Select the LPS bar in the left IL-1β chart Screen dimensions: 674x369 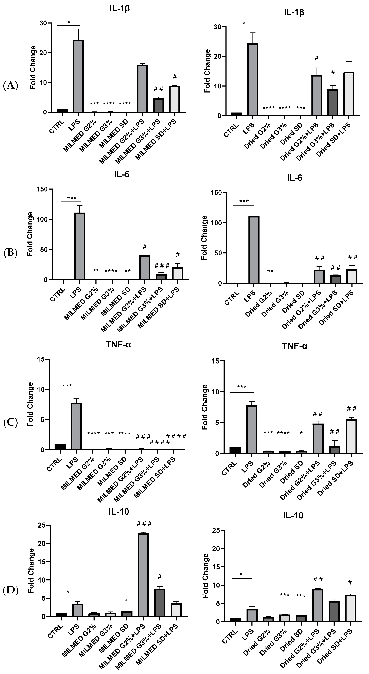coord(78,76)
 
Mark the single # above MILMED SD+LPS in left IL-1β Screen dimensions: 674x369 coord(175,77)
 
